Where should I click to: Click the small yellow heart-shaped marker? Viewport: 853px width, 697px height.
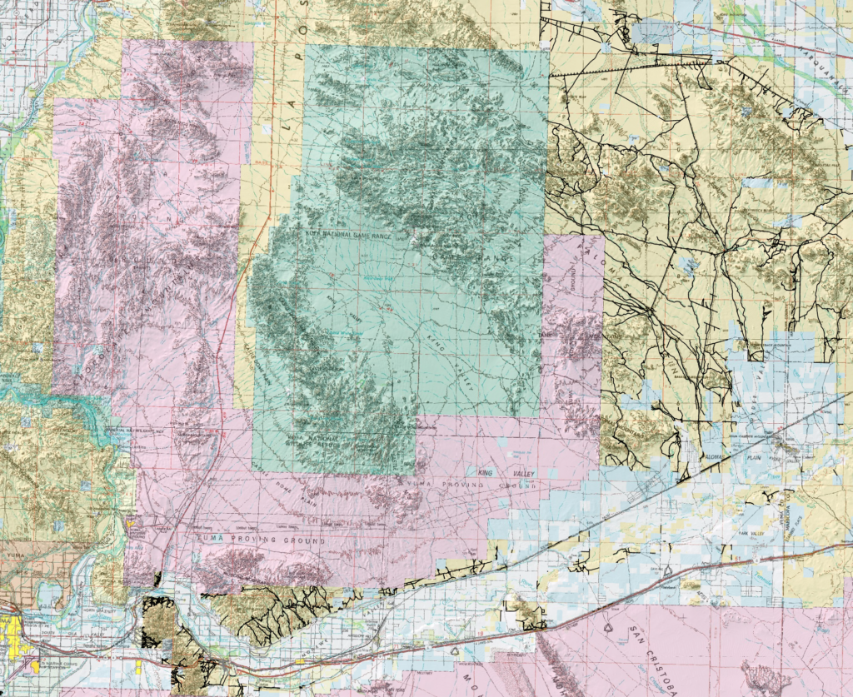click(130, 523)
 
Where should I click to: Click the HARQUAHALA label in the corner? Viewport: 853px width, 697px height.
click(825, 62)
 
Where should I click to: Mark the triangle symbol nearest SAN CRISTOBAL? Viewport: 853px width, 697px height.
click(608, 621)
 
